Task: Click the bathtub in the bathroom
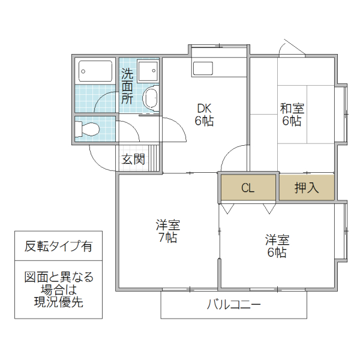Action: (x=95, y=72)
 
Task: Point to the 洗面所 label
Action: (x=127, y=86)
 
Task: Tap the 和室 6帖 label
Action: (x=292, y=115)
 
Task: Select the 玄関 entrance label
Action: (x=133, y=159)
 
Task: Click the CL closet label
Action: (x=248, y=188)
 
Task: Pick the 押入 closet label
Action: (x=307, y=188)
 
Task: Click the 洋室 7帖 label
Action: (x=168, y=232)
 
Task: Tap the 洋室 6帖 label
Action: (x=277, y=246)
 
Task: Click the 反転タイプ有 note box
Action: (x=58, y=246)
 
